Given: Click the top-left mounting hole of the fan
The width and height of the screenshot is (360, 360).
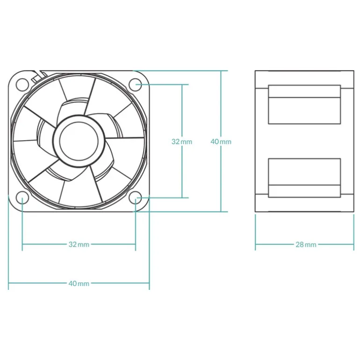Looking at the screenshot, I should [22, 84].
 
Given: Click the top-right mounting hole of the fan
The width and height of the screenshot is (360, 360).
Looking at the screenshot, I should [136, 84].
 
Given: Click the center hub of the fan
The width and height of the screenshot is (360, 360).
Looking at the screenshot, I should [79, 141].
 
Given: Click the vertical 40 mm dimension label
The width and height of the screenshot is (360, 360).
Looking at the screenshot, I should [221, 141].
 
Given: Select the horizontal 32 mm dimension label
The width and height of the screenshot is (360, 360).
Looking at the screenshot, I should [79, 244].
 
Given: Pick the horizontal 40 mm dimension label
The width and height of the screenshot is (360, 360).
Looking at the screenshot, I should [79, 283].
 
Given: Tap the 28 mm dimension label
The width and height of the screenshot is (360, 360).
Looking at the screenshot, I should [306, 244].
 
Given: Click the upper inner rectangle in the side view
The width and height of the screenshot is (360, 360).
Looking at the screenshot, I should [304, 105].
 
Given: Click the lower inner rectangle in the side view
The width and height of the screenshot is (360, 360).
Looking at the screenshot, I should [304, 178].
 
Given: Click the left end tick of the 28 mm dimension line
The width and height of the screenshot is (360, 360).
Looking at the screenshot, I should [255, 244].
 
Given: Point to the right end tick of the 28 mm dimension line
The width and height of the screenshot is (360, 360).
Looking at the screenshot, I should [354, 244].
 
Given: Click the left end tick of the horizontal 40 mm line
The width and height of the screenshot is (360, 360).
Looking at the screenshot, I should [9, 283].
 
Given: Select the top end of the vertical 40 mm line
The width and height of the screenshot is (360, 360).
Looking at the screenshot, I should [221, 71].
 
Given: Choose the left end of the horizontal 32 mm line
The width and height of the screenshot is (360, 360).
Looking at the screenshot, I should [22, 244].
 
